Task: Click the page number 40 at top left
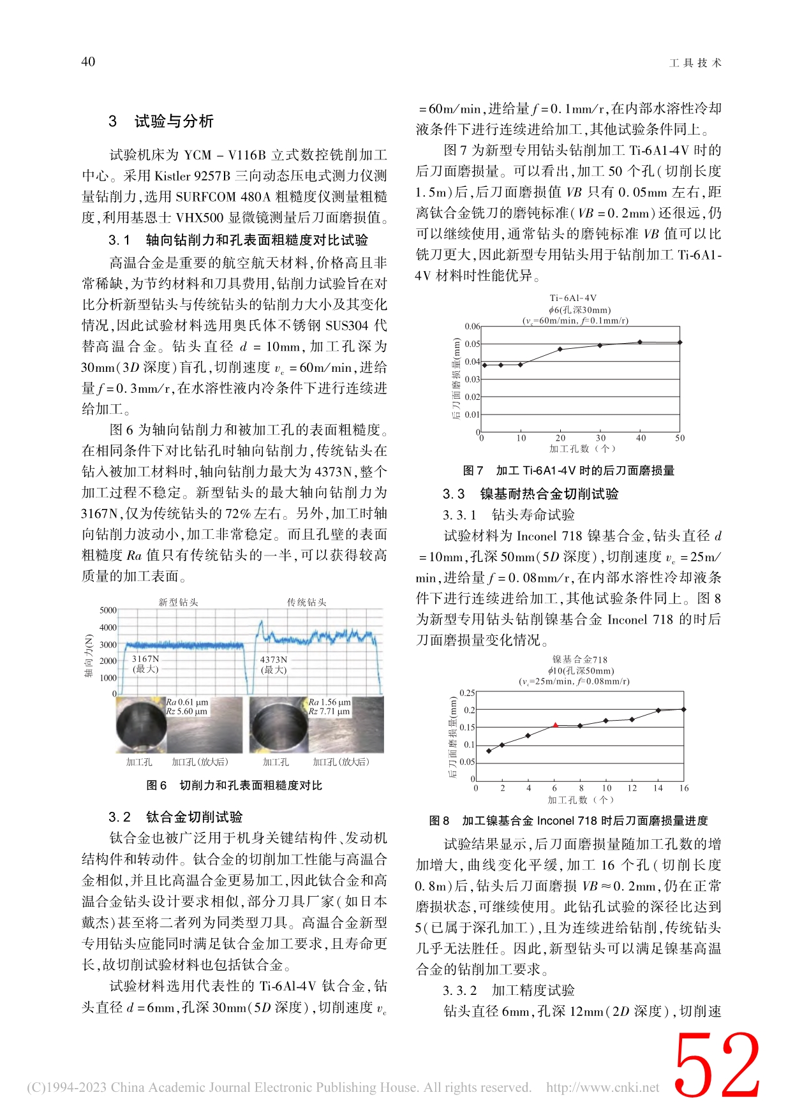click(x=88, y=62)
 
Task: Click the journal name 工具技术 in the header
click(x=695, y=63)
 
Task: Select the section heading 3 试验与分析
click(x=161, y=121)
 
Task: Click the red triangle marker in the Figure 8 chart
click(x=555, y=725)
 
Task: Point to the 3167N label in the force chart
click(x=145, y=659)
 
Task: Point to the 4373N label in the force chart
click(x=274, y=659)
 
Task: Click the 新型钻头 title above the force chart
click(x=178, y=602)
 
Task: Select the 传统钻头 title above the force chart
click(x=306, y=602)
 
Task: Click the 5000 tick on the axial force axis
click(x=108, y=610)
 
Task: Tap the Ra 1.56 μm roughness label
click(x=330, y=702)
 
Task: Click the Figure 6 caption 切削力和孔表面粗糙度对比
click(x=234, y=785)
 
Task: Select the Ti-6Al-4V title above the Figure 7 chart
click(x=573, y=298)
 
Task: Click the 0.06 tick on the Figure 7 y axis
click(x=472, y=327)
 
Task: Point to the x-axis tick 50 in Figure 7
click(x=680, y=438)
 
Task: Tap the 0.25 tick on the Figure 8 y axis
click(x=467, y=693)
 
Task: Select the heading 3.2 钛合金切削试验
click(x=175, y=817)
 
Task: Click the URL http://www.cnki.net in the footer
click(x=602, y=1087)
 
